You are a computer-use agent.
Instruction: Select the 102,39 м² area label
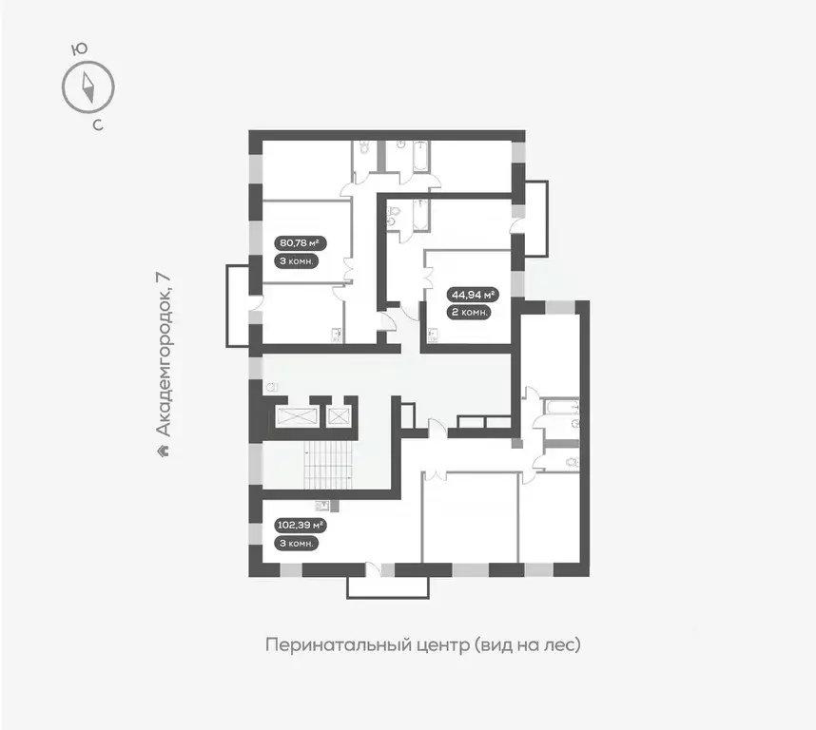(300, 524)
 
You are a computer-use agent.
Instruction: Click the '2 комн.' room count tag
(472, 312)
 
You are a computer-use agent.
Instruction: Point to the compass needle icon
(87, 87)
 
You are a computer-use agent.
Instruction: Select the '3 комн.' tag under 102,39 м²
(295, 543)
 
